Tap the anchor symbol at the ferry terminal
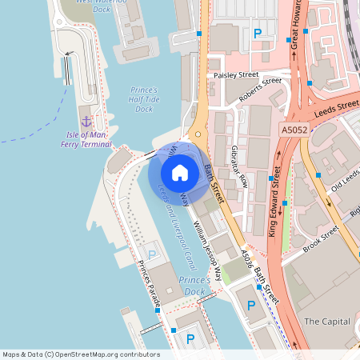click(86, 121)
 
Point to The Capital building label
click(327, 321)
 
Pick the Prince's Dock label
click(194, 286)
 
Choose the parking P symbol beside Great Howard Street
click(257, 34)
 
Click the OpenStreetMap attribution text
click(81, 354)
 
